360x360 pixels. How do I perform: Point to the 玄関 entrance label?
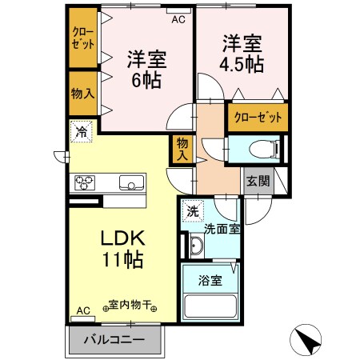257,182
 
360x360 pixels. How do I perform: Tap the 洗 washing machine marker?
192,211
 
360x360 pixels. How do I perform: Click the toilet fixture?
259,149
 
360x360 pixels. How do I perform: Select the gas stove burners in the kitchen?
85,182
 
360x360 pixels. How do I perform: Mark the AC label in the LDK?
82,310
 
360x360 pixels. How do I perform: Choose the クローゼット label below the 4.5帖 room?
258,118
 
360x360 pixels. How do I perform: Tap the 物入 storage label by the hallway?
182,149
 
